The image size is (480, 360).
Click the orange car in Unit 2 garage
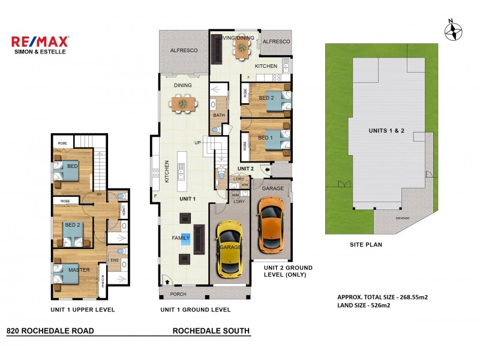(271, 226)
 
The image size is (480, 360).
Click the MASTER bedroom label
(79, 270)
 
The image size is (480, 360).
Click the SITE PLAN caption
(365, 245)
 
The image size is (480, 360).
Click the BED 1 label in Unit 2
(265, 137)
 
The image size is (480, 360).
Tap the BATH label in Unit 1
(218, 115)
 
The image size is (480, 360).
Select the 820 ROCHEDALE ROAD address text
(49, 331)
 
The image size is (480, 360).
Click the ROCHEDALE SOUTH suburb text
(211, 331)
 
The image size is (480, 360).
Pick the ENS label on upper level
(114, 260)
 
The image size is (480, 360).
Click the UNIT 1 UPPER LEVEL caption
(82, 310)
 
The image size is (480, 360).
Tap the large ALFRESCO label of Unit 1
(184, 52)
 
